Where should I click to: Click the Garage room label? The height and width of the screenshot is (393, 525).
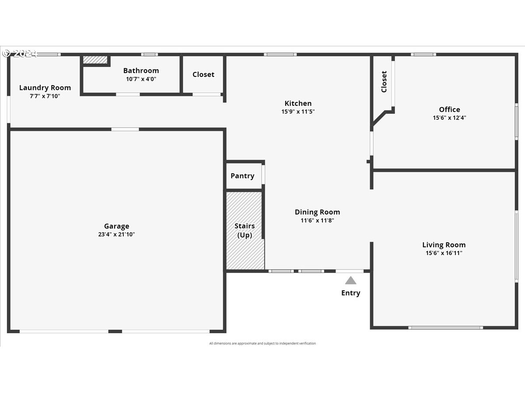click(x=116, y=226)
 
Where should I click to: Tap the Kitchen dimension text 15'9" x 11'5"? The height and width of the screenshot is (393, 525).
click(x=298, y=112)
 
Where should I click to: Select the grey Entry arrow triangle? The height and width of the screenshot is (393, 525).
click(x=350, y=280)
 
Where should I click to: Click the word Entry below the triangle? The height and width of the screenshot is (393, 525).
click(x=350, y=293)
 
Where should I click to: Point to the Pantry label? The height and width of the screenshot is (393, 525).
click(x=242, y=176)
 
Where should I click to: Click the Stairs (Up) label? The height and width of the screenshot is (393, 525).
click(x=245, y=230)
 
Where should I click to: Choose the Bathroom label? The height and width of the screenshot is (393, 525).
click(x=141, y=71)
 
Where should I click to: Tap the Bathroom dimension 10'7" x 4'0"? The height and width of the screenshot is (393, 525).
click(x=141, y=79)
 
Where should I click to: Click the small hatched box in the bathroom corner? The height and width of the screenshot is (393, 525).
click(x=95, y=59)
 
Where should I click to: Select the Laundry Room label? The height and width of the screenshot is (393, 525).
click(x=45, y=88)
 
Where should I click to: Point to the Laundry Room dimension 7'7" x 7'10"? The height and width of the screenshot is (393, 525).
click(x=45, y=96)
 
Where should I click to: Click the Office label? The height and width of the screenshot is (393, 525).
click(x=449, y=110)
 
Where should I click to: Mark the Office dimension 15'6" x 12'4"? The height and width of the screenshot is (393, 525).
click(x=449, y=118)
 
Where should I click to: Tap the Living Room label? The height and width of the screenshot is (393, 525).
click(x=444, y=245)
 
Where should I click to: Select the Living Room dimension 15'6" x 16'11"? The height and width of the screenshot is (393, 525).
click(x=444, y=253)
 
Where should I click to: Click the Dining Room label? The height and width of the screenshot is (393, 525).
click(x=317, y=212)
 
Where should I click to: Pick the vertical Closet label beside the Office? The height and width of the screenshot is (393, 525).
click(x=384, y=82)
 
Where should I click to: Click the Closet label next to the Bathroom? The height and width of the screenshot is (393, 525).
click(x=203, y=75)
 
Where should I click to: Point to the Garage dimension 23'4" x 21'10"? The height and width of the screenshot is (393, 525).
click(x=116, y=234)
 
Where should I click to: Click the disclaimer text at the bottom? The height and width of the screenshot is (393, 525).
click(x=262, y=344)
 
